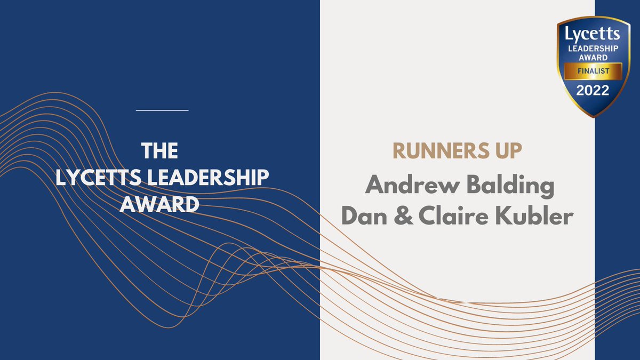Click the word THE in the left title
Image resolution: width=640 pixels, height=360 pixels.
click(162, 151)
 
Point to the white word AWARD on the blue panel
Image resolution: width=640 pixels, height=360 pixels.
click(162, 204)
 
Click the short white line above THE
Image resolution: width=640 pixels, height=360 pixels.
click(162, 110)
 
